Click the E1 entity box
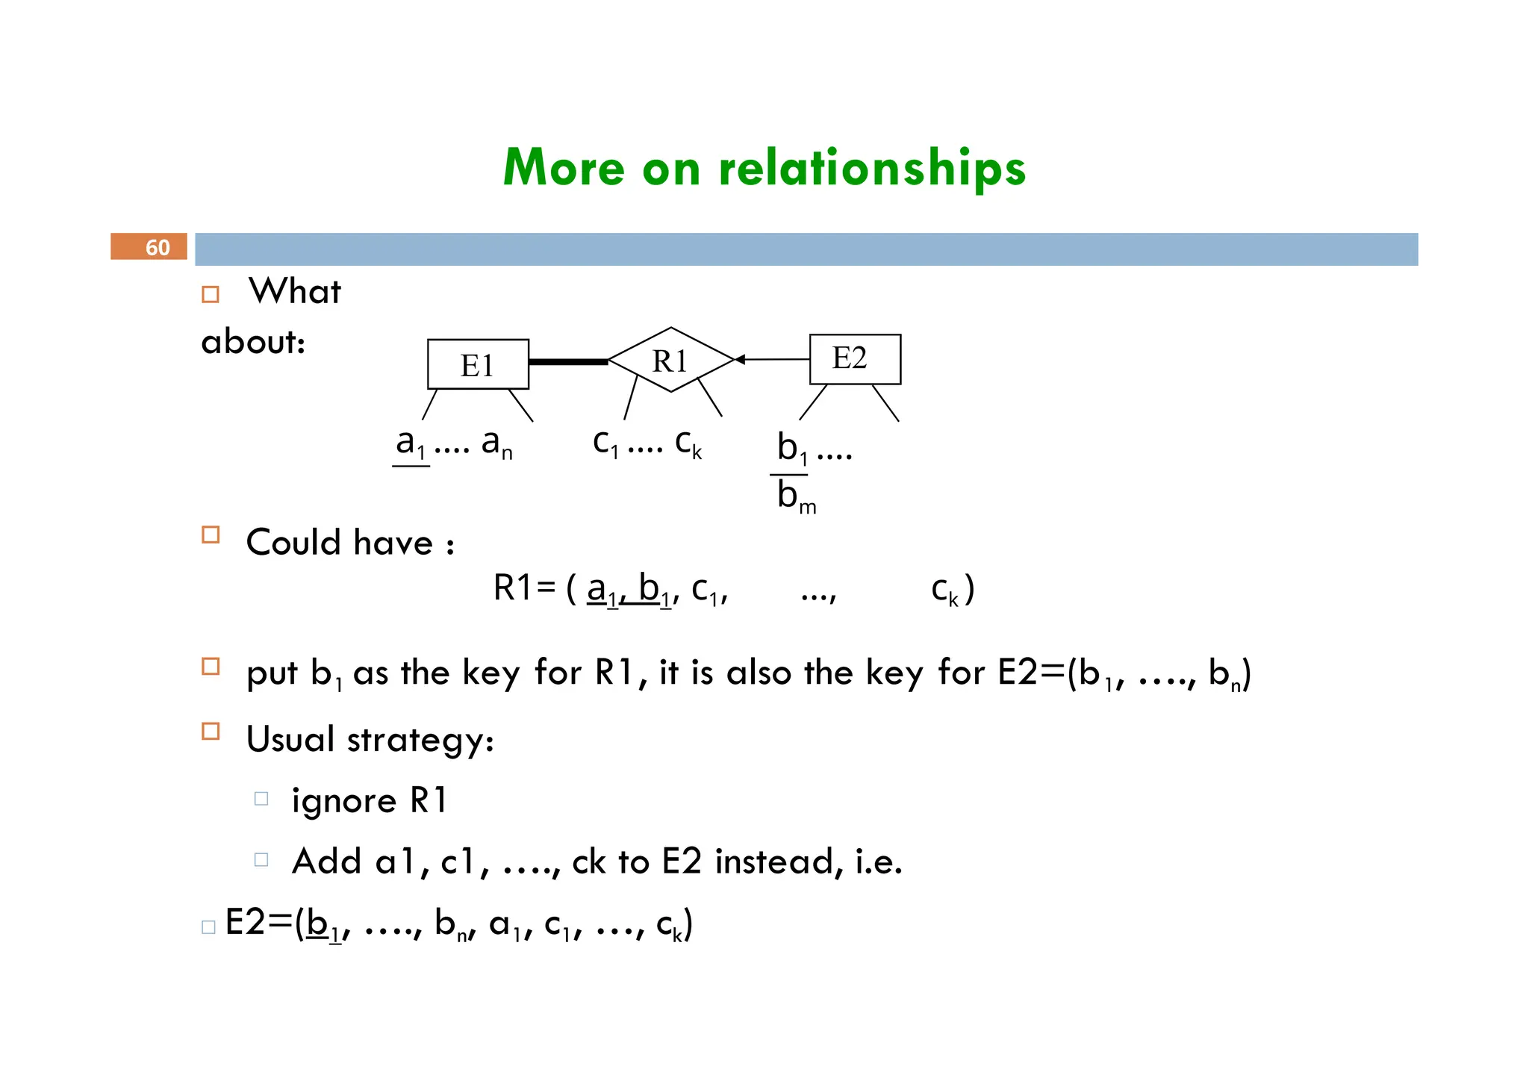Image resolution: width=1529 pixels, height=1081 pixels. pyautogui.click(x=478, y=364)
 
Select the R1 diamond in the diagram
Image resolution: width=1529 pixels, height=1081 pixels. pyautogui.click(x=670, y=360)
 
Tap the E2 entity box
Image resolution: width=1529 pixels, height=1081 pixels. pyautogui.click(x=855, y=359)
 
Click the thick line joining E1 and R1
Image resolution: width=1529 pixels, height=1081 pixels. pyautogui.click(x=568, y=362)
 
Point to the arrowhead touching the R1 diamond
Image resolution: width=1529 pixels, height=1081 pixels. pyautogui.click(x=740, y=360)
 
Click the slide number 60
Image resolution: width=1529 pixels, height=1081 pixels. pyautogui.click(x=157, y=247)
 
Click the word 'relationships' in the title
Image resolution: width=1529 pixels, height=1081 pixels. pyautogui.click(x=872, y=167)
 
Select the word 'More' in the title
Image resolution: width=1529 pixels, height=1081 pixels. pyautogui.click(x=564, y=167)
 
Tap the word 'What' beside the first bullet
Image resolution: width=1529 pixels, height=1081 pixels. pyautogui.click(x=294, y=291)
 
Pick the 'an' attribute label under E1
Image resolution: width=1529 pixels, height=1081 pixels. pyautogui.click(x=496, y=443)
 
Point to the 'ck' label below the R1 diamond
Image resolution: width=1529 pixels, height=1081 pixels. pyautogui.click(x=688, y=443)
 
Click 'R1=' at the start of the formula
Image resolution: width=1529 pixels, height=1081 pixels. pyautogui.click(x=524, y=588)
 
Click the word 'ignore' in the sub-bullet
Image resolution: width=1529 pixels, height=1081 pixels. pyautogui.click(x=343, y=801)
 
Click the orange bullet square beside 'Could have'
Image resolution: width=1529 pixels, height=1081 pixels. pyautogui.click(x=211, y=535)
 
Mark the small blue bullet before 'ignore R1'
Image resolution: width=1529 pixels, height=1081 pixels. pyautogui.click(x=261, y=799)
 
